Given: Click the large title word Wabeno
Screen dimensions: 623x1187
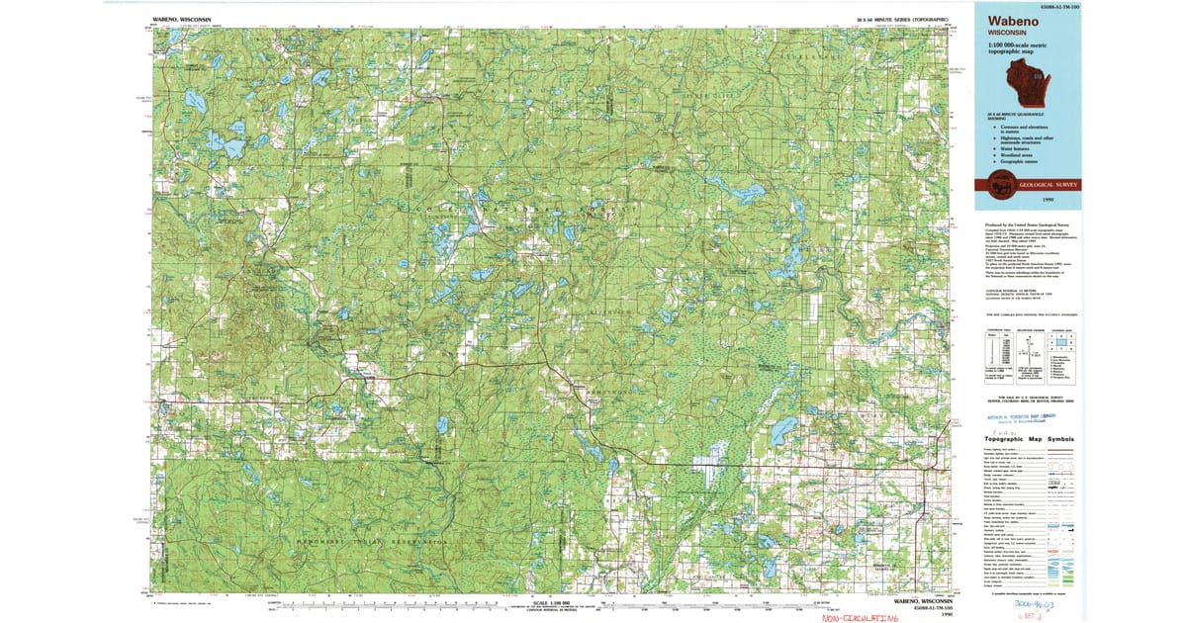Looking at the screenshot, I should click(x=1010, y=19).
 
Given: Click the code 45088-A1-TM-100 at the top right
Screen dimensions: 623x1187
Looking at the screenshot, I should click(x=1052, y=5).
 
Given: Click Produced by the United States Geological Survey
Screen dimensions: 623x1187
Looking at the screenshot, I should click(x=1029, y=225).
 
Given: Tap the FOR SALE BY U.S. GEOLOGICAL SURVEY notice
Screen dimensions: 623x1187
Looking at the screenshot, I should click(x=1030, y=398).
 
